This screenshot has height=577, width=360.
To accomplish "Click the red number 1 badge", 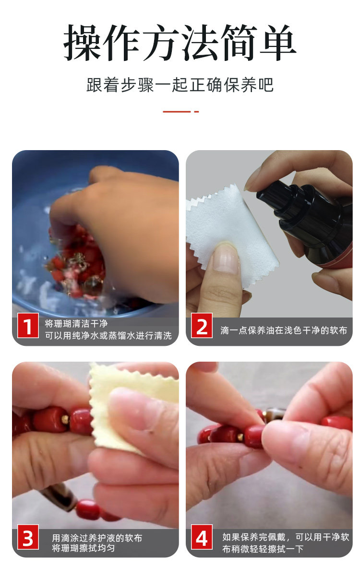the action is click(28, 325).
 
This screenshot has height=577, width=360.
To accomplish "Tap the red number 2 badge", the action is click(202, 325).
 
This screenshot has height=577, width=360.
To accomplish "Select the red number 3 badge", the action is click(28, 537).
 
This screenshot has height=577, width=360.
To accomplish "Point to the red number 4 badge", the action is click(202, 537).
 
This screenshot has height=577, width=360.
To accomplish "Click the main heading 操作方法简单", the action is click(180, 43).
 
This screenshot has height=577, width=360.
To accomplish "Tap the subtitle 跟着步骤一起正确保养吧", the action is click(180, 85).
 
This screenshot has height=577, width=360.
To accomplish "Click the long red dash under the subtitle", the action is click(177, 112).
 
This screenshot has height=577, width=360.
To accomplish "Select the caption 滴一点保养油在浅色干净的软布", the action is click(284, 330).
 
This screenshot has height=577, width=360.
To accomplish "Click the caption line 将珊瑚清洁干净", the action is click(76, 323).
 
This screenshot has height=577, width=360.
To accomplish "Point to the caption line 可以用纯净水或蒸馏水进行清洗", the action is click(108, 335).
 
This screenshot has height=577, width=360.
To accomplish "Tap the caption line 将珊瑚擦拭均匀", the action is click(84, 548).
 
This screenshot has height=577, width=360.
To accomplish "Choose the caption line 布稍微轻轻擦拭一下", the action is click(263, 549).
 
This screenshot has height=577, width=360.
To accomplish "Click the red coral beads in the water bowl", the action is click(77, 260).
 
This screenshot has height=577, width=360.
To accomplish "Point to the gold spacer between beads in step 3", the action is click(65, 420).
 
